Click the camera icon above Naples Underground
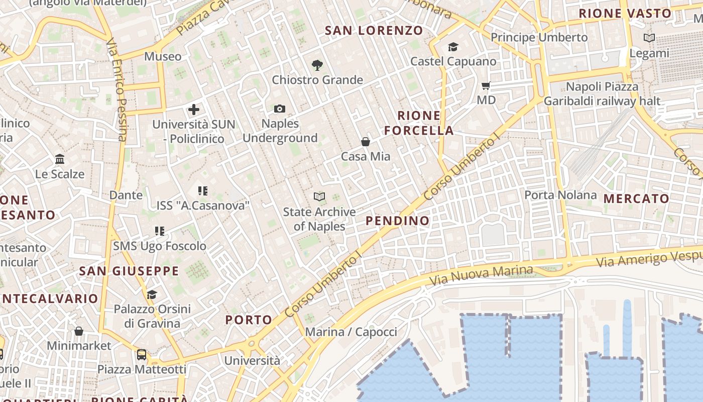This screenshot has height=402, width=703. point(280,109)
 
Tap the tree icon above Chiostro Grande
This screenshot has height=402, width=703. point(317,65)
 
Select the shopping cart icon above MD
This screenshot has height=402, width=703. point(486,85)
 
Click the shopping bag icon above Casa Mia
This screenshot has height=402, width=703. point(366,142)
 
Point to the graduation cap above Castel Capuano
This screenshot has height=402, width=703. point(453,47)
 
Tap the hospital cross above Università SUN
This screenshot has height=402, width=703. point(194,109)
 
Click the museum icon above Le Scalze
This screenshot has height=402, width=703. point(60,159)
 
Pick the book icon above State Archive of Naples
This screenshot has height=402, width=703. point(319,196)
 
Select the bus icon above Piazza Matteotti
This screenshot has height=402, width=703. point(142,355)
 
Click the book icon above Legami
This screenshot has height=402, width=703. point(649,38)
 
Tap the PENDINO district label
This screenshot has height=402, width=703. point(398,221)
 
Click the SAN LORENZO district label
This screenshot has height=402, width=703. point(374,30)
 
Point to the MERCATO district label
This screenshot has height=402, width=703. point(636,198)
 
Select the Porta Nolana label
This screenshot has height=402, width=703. point(560,195)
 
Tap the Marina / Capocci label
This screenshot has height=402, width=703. point(351,332)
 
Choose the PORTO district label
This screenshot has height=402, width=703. point(249,320)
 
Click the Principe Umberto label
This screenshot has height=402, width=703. point(539,38)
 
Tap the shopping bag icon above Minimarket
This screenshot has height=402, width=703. point(79,331)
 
